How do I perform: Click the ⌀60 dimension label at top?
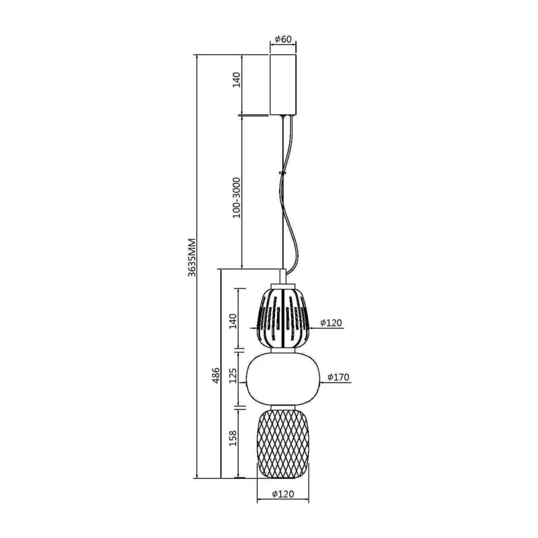(x=283, y=39)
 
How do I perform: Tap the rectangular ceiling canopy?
(x=283, y=85)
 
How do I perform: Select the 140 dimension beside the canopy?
(x=237, y=79)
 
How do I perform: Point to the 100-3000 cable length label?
(x=237, y=198)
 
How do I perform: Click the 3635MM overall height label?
(x=192, y=258)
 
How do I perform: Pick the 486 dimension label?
(x=215, y=375)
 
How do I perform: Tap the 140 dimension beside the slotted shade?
(x=233, y=321)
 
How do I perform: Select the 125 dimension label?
(x=233, y=375)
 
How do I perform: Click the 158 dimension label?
(x=233, y=438)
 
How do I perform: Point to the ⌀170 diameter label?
(x=338, y=377)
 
